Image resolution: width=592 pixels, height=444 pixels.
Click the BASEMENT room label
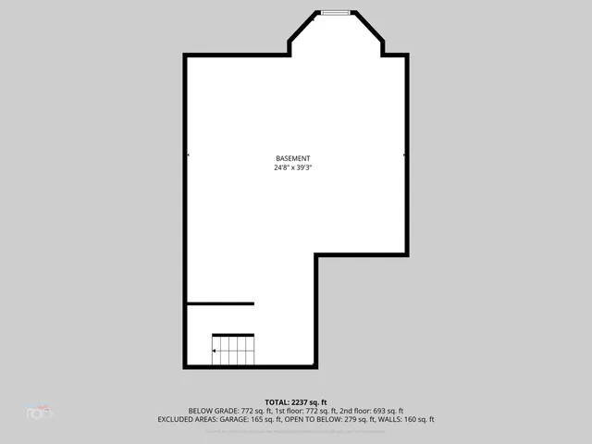(293, 158)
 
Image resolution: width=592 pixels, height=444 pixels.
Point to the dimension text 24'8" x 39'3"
(293, 168)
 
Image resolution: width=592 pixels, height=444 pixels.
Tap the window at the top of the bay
(336, 12)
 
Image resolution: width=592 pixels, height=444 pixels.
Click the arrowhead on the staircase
(215, 351)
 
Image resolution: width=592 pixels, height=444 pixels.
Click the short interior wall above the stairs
(220, 303)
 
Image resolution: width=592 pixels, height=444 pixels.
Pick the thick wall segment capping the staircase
(233, 335)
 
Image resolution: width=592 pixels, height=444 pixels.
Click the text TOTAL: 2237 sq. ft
(296, 402)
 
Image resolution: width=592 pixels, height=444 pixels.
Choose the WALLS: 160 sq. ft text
(407, 419)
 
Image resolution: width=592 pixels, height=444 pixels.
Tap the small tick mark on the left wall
(188, 155)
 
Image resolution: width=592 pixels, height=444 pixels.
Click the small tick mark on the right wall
(405, 155)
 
